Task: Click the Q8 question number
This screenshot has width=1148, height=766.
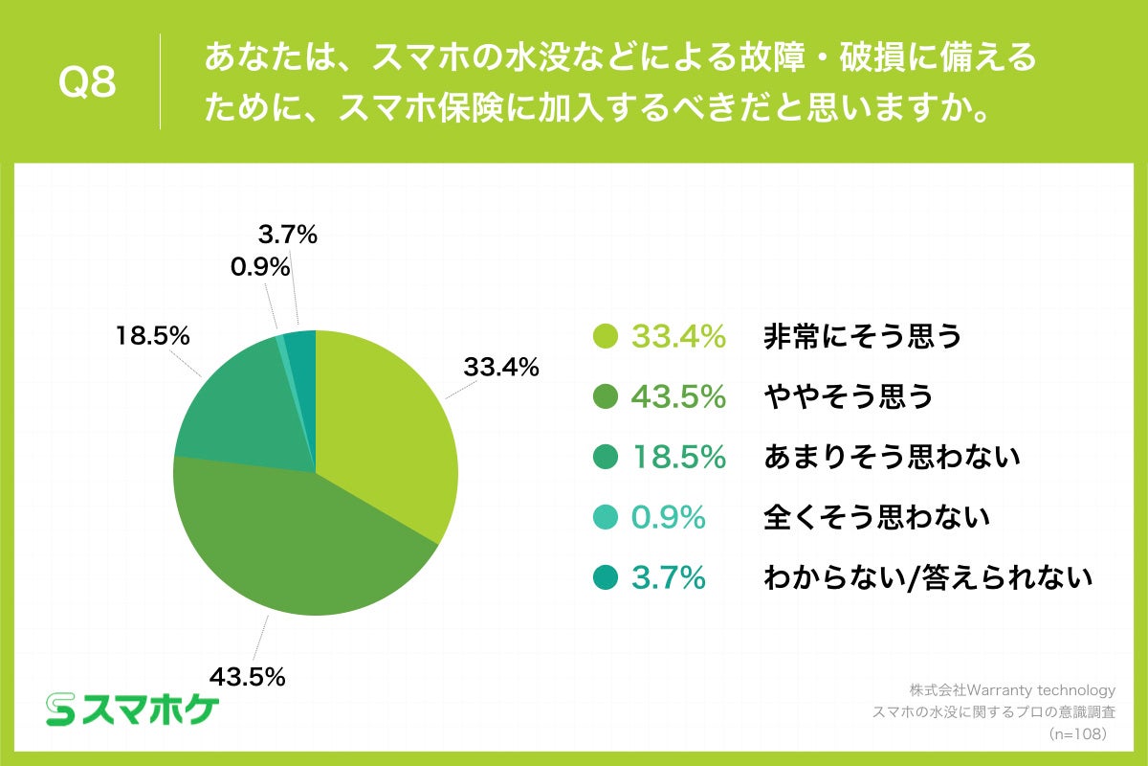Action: click(87, 83)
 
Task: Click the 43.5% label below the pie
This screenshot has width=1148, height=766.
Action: click(248, 677)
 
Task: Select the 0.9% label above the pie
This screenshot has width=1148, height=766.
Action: click(260, 268)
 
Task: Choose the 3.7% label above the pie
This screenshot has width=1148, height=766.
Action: click(288, 234)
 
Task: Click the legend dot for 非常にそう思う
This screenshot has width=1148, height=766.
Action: click(605, 336)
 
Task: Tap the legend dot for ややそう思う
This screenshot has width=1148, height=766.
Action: click(605, 396)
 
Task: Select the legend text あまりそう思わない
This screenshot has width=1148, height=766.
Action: click(892, 457)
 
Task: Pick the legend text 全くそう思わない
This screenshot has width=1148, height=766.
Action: click(875, 517)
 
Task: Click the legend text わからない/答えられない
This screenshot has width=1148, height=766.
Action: click(927, 577)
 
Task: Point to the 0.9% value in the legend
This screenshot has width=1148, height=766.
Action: click(668, 517)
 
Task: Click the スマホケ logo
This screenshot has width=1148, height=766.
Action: click(133, 710)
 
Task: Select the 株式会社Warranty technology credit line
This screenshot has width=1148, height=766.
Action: click(1012, 690)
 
